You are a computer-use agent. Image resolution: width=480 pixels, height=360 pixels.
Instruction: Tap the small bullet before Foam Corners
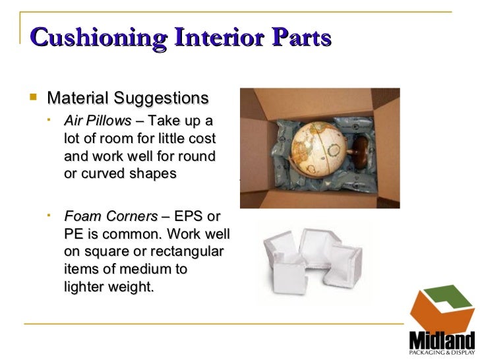tap(50, 216)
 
